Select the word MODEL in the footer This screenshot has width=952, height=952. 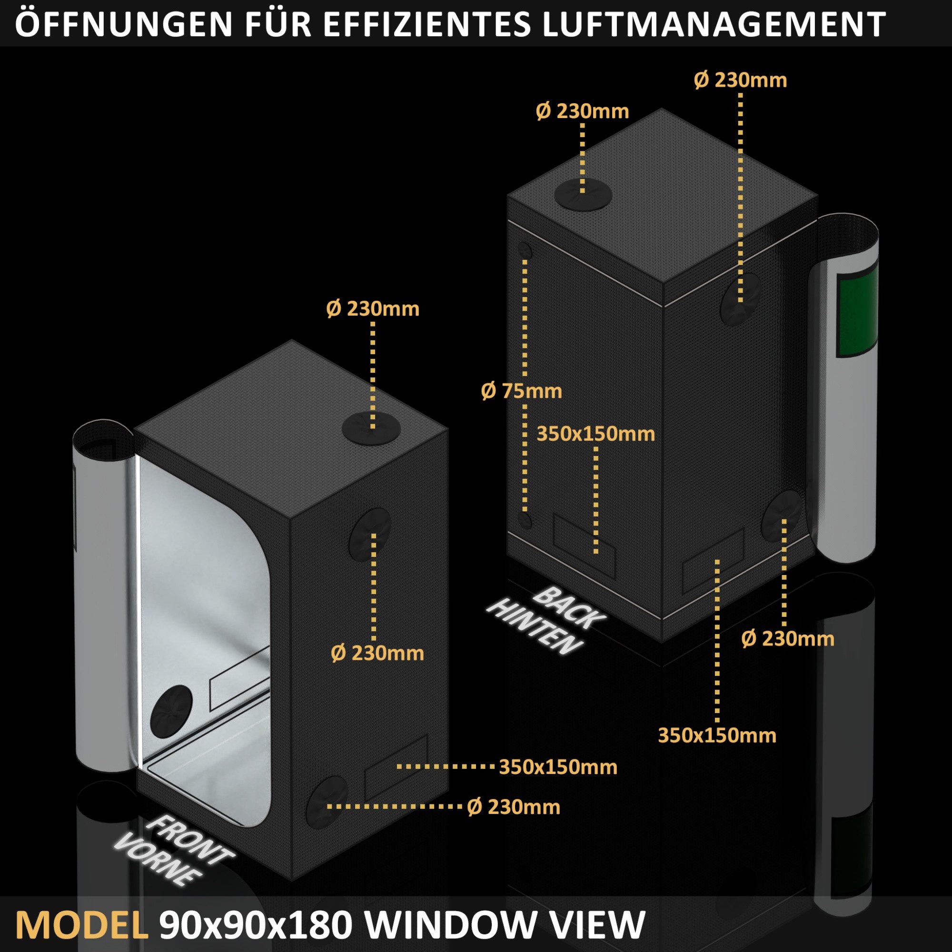point(82,924)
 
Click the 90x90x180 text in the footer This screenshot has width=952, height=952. point(255,924)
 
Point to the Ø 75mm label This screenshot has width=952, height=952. point(521,391)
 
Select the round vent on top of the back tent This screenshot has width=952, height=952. point(583,194)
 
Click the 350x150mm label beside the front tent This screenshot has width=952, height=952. point(558,767)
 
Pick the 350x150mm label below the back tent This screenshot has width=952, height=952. point(717,735)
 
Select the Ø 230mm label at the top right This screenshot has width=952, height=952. point(740,80)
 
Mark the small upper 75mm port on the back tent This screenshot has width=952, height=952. point(526,251)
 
